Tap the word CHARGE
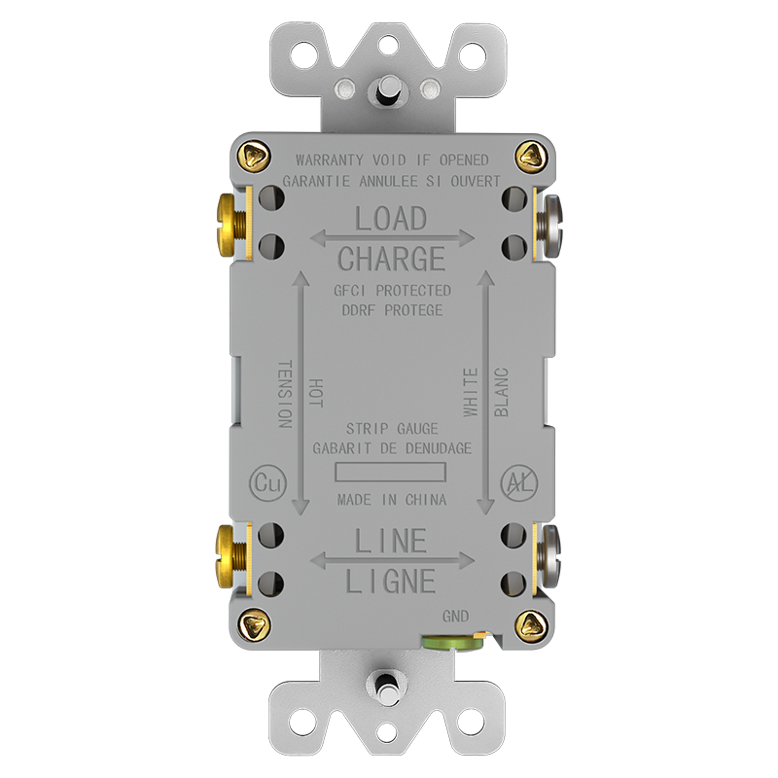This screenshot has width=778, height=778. [391, 259]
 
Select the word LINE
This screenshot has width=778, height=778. [391, 540]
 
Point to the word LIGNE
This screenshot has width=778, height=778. [391, 582]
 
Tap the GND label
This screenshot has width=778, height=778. [455, 616]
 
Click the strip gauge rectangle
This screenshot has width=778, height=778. [390, 473]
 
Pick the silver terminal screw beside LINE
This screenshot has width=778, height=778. [550, 555]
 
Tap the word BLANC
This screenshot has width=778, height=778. [501, 392]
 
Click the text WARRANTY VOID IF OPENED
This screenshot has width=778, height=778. [392, 159]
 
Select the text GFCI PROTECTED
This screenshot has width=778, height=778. [392, 291]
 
